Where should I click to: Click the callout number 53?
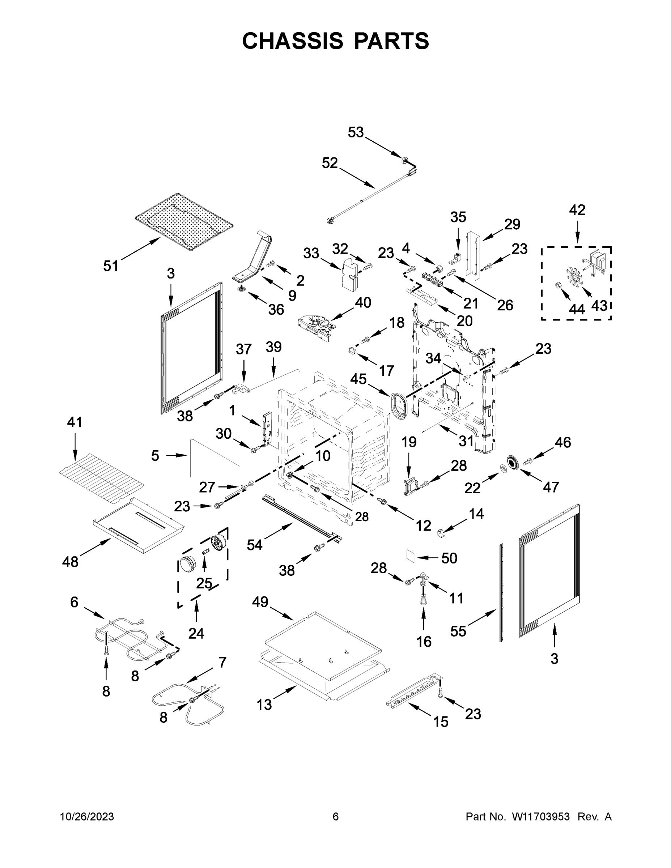tap(355, 132)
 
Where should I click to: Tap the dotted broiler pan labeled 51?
tap(184, 222)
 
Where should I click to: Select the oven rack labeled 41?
tap(101, 476)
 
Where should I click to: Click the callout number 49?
tap(260, 602)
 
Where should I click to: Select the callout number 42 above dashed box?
tap(577, 209)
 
